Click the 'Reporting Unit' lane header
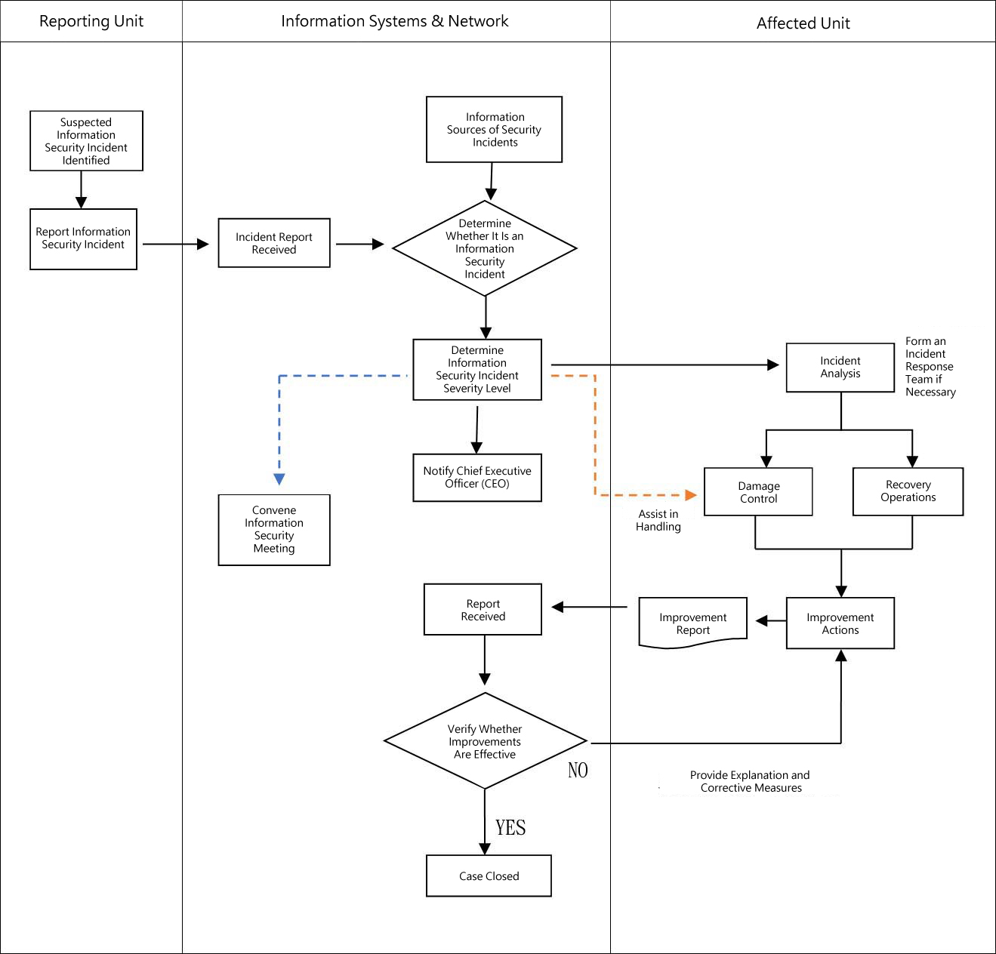click(91, 21)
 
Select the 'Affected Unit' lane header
click(803, 23)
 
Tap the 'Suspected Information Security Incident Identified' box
click(86, 141)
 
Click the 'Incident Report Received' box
click(274, 243)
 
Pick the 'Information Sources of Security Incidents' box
click(494, 129)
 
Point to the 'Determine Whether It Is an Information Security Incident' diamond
click(485, 248)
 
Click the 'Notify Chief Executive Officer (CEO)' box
click(477, 477)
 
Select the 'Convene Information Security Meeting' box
click(274, 530)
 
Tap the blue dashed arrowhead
click(279, 479)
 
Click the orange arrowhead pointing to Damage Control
click(690, 495)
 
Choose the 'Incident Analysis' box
click(840, 368)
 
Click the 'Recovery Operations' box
click(908, 491)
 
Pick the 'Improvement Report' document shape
click(692, 623)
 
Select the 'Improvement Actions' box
click(840, 623)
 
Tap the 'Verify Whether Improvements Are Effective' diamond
click(485, 741)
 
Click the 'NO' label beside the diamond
click(578, 770)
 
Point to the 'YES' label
click(510, 828)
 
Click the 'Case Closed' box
click(489, 876)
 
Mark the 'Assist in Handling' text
click(658, 520)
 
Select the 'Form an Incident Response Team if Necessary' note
click(930, 367)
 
